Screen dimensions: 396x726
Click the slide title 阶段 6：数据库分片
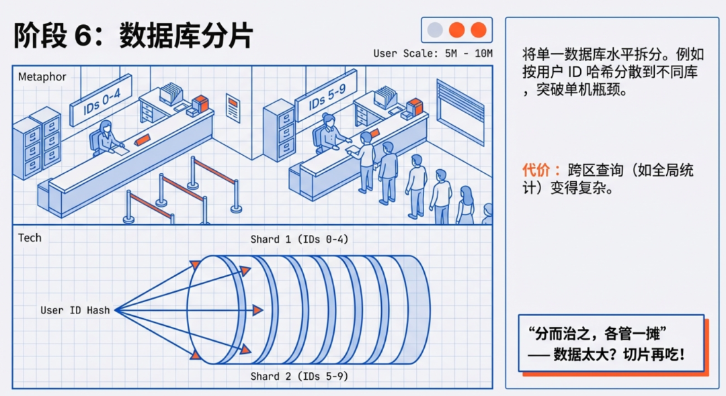point(133,35)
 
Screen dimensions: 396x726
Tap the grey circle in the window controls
point(436,30)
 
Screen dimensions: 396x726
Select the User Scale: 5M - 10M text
point(433,54)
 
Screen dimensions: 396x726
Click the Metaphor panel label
point(42,77)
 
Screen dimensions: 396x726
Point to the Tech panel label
point(30,238)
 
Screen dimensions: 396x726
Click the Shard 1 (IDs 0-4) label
point(299,240)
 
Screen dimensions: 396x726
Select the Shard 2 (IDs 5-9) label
point(299,377)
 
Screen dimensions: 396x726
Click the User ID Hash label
point(75,310)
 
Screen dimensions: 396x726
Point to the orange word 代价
point(537,170)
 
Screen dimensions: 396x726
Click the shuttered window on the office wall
point(460,111)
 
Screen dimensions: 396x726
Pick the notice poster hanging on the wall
point(233,107)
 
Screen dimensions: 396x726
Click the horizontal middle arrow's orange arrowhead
point(257,310)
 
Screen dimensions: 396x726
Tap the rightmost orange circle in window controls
point(478,30)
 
